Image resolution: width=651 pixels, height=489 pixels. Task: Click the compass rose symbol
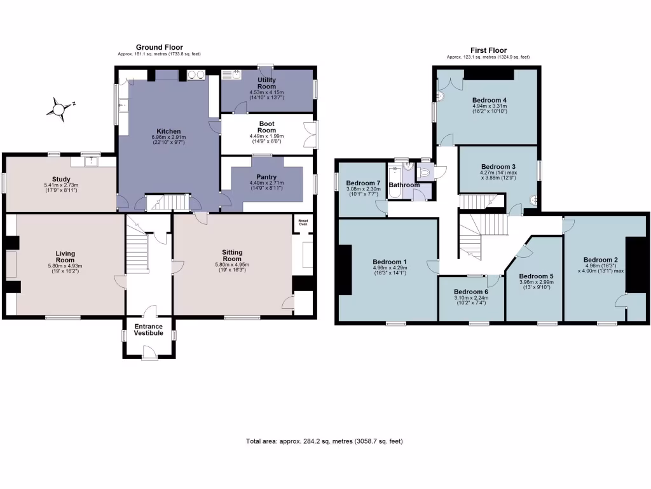pos(58,109)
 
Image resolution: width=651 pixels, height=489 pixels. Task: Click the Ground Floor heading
pos(159,47)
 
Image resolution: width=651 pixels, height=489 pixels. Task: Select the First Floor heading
pos(488,50)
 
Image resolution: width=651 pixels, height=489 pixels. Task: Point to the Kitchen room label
pos(165,131)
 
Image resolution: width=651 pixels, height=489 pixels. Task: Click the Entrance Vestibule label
pos(148,330)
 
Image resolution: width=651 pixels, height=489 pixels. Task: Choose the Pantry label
pos(266,176)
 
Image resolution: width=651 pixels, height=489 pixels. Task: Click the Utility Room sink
pos(235,75)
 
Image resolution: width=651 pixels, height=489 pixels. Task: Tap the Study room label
pos(61,180)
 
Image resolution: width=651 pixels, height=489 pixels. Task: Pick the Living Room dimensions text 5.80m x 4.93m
pos(65,266)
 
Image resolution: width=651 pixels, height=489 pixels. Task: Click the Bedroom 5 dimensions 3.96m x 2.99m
pos(536,283)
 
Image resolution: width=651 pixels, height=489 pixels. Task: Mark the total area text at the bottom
pos(324,441)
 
